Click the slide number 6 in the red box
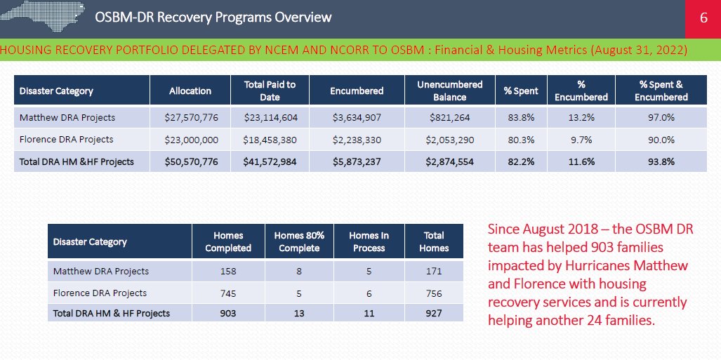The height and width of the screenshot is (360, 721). point(703,18)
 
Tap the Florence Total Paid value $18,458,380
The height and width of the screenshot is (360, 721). point(270,140)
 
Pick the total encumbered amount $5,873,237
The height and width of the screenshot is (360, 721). point(357,161)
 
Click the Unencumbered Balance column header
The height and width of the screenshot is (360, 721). point(449,91)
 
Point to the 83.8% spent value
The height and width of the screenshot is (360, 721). point(521,117)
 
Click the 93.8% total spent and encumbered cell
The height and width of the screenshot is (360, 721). point(661,161)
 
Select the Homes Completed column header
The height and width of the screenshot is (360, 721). point(228,241)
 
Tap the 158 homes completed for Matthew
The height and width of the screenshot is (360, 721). point(228,271)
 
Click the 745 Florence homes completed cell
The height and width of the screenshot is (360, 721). point(228,293)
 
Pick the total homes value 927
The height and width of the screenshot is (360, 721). point(433,313)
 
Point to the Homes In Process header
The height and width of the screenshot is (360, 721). point(369,241)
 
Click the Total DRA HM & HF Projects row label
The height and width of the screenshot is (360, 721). point(112,313)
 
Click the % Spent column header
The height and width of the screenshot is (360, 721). point(521,91)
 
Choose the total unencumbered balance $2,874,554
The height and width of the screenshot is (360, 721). point(449,161)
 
